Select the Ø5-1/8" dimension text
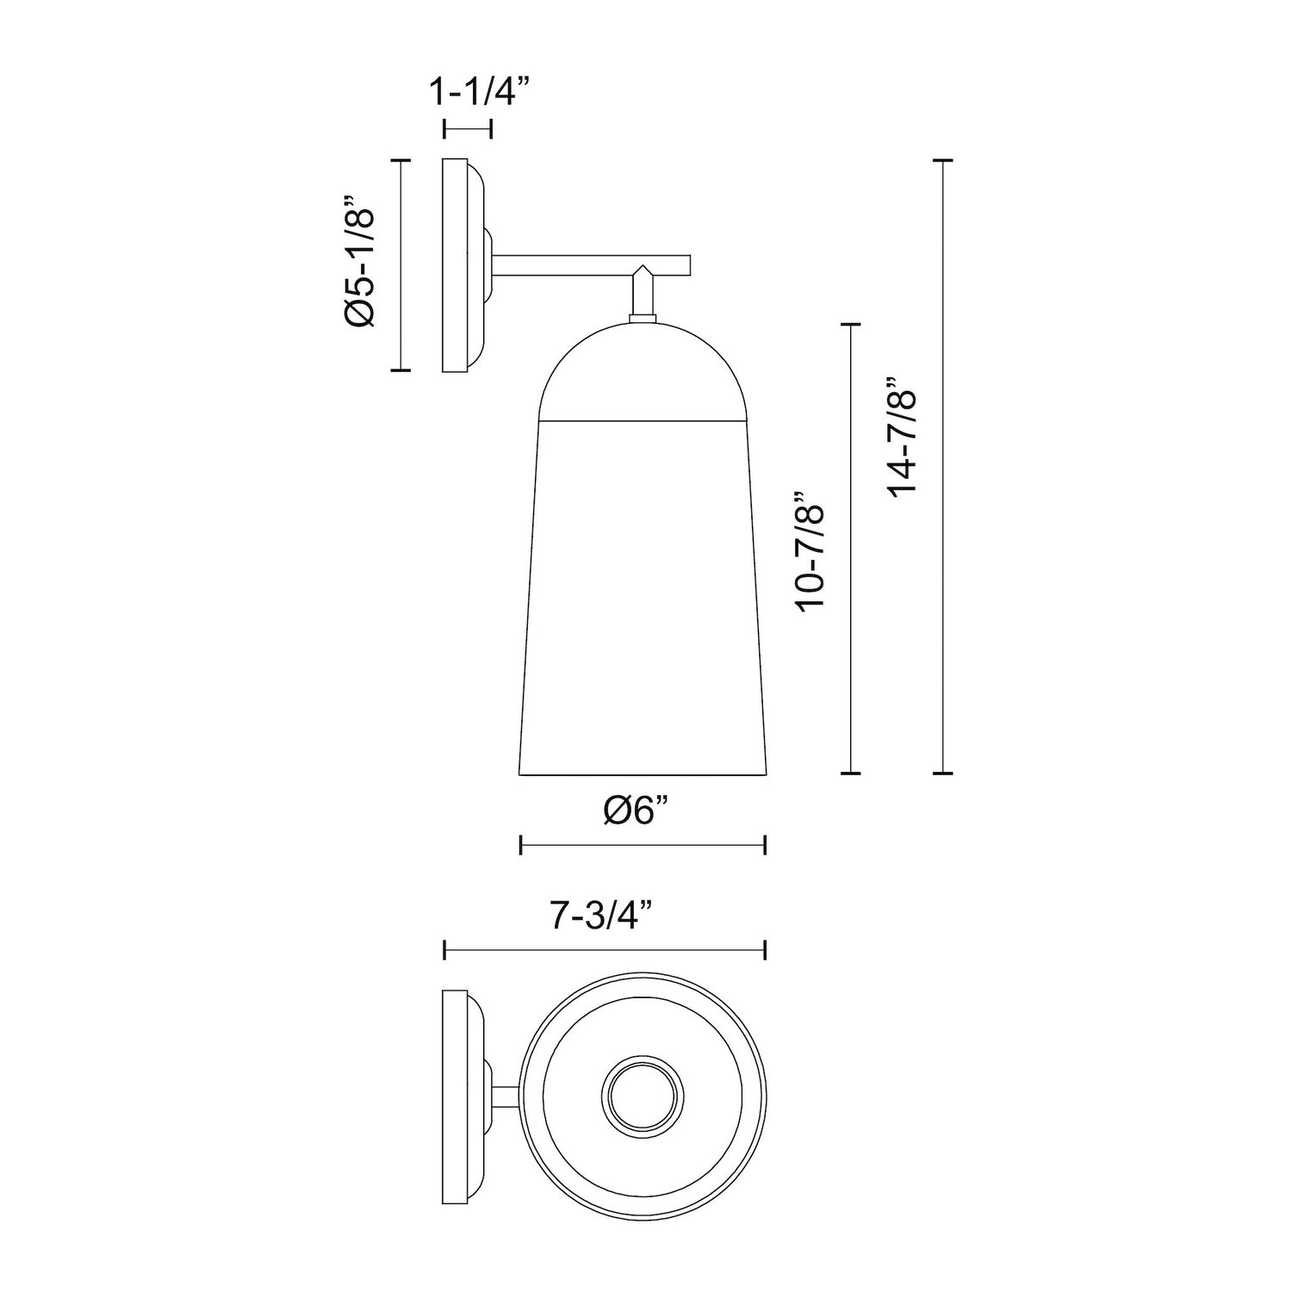point(359,265)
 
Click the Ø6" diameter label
point(636,811)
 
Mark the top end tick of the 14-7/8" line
point(943,161)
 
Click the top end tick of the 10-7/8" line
point(850,324)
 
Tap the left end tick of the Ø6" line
point(521,846)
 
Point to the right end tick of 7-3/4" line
point(766,950)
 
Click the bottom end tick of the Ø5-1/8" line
point(401,370)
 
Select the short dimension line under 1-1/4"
point(468,129)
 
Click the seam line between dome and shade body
point(643,421)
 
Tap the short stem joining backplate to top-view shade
point(506,1098)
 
